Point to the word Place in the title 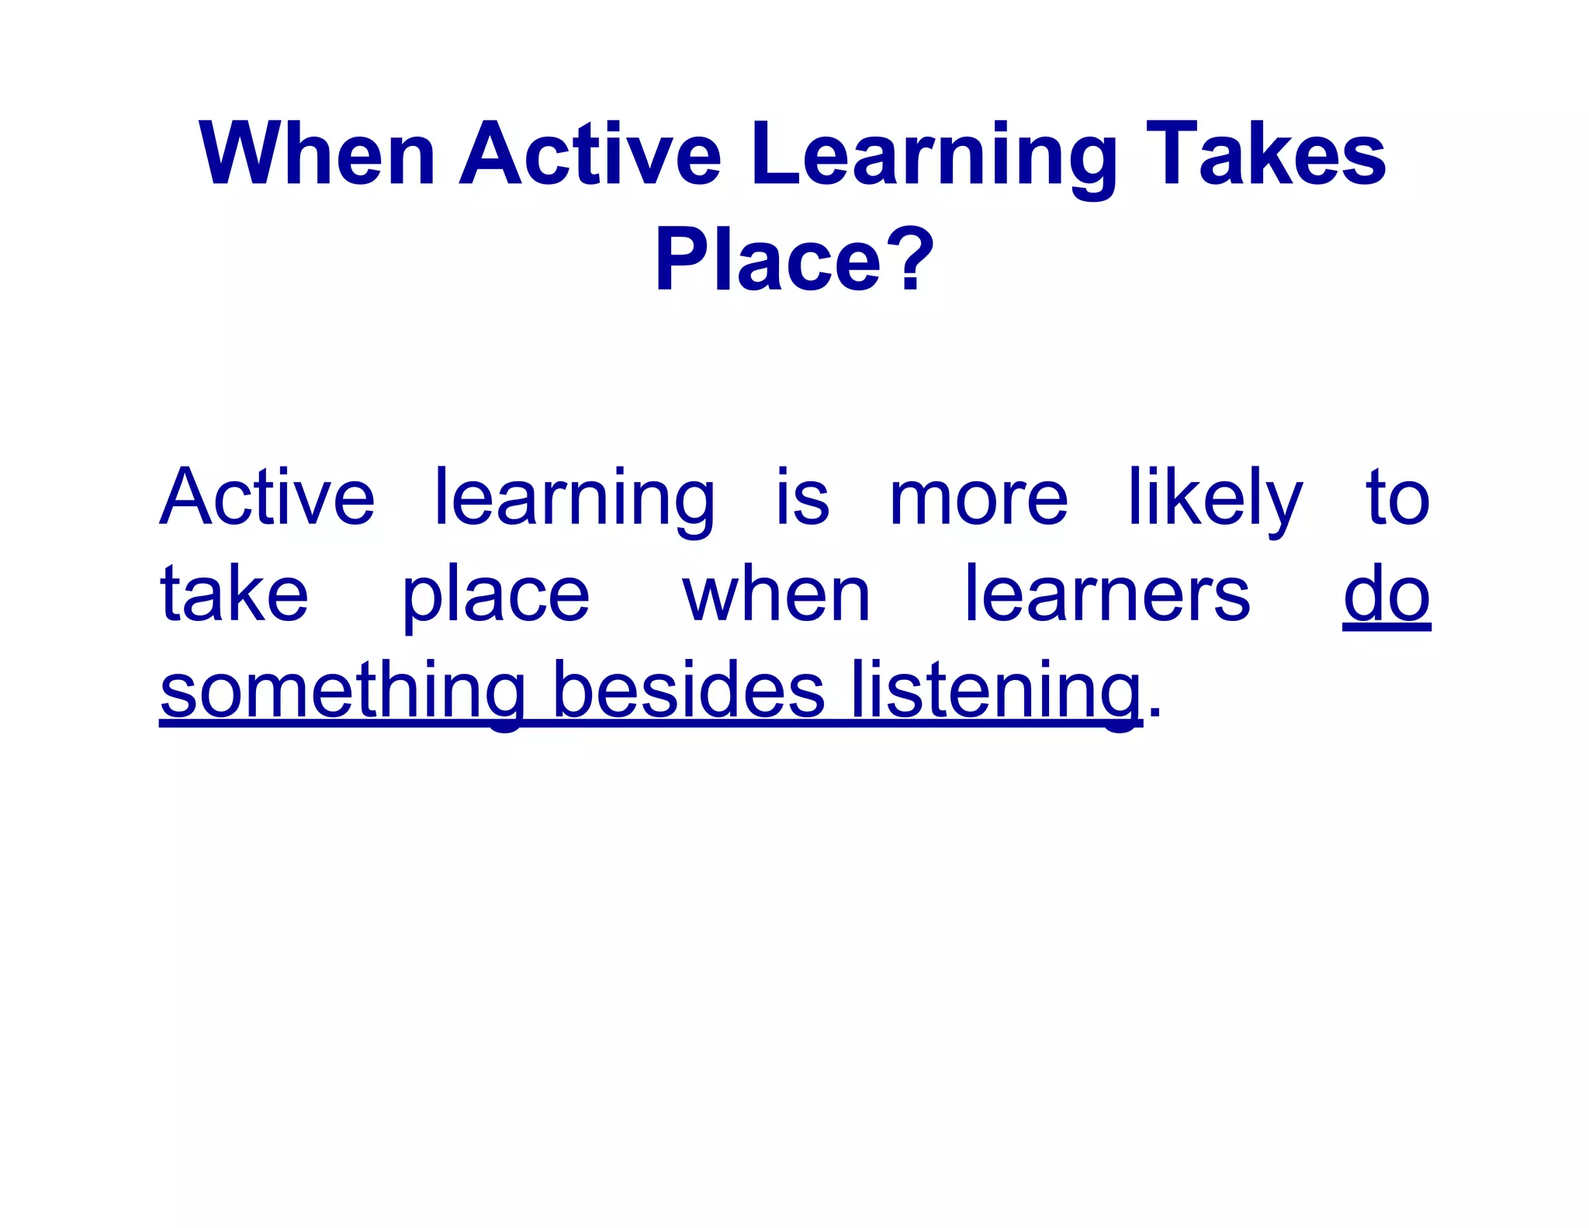[768, 259]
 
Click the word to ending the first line [1397, 498]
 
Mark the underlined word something [342, 691]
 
